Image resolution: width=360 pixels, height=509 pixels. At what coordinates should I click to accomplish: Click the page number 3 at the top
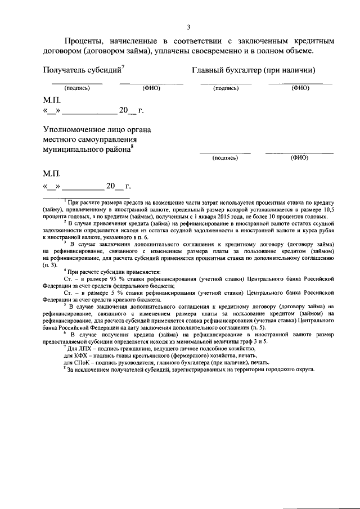pos(189,26)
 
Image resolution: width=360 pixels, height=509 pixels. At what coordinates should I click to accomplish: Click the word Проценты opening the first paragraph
pos(83,41)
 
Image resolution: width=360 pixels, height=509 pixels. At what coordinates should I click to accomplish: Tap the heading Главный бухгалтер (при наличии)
pos(253,70)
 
